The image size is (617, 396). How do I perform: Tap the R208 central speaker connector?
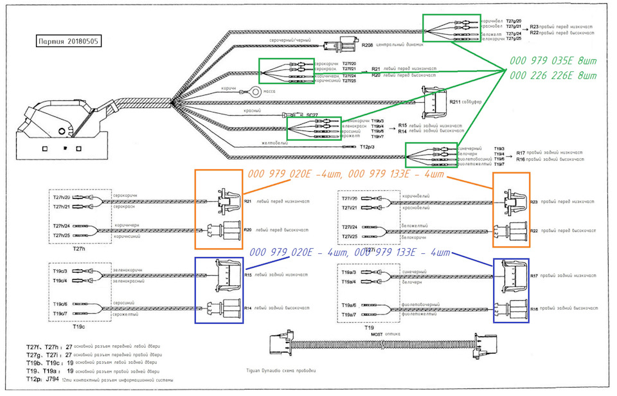341,46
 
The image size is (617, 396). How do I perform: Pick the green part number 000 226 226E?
550,75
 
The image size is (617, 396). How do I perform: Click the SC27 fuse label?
312,115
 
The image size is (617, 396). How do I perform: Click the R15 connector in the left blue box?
226,274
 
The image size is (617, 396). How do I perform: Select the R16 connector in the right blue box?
512,309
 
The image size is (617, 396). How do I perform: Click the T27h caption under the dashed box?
78,249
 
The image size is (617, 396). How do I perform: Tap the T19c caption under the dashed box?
78,326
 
